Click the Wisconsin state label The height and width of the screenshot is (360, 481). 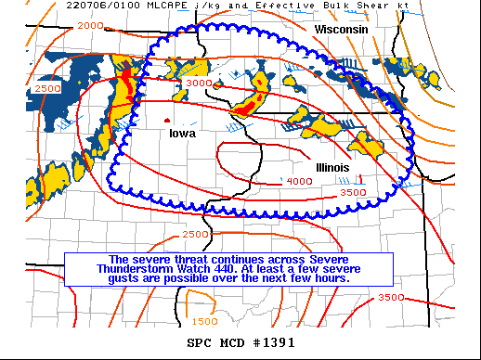pos(342,31)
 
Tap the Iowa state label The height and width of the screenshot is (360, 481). pos(183,134)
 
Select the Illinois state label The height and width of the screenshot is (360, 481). pos(332,167)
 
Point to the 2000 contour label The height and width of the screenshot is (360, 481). pos(91,25)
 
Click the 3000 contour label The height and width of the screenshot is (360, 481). pos(198,84)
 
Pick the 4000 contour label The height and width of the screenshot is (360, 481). pos(299,181)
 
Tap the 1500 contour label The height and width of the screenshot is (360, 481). pos(205,321)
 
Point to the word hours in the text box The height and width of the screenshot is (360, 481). pos(328,277)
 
